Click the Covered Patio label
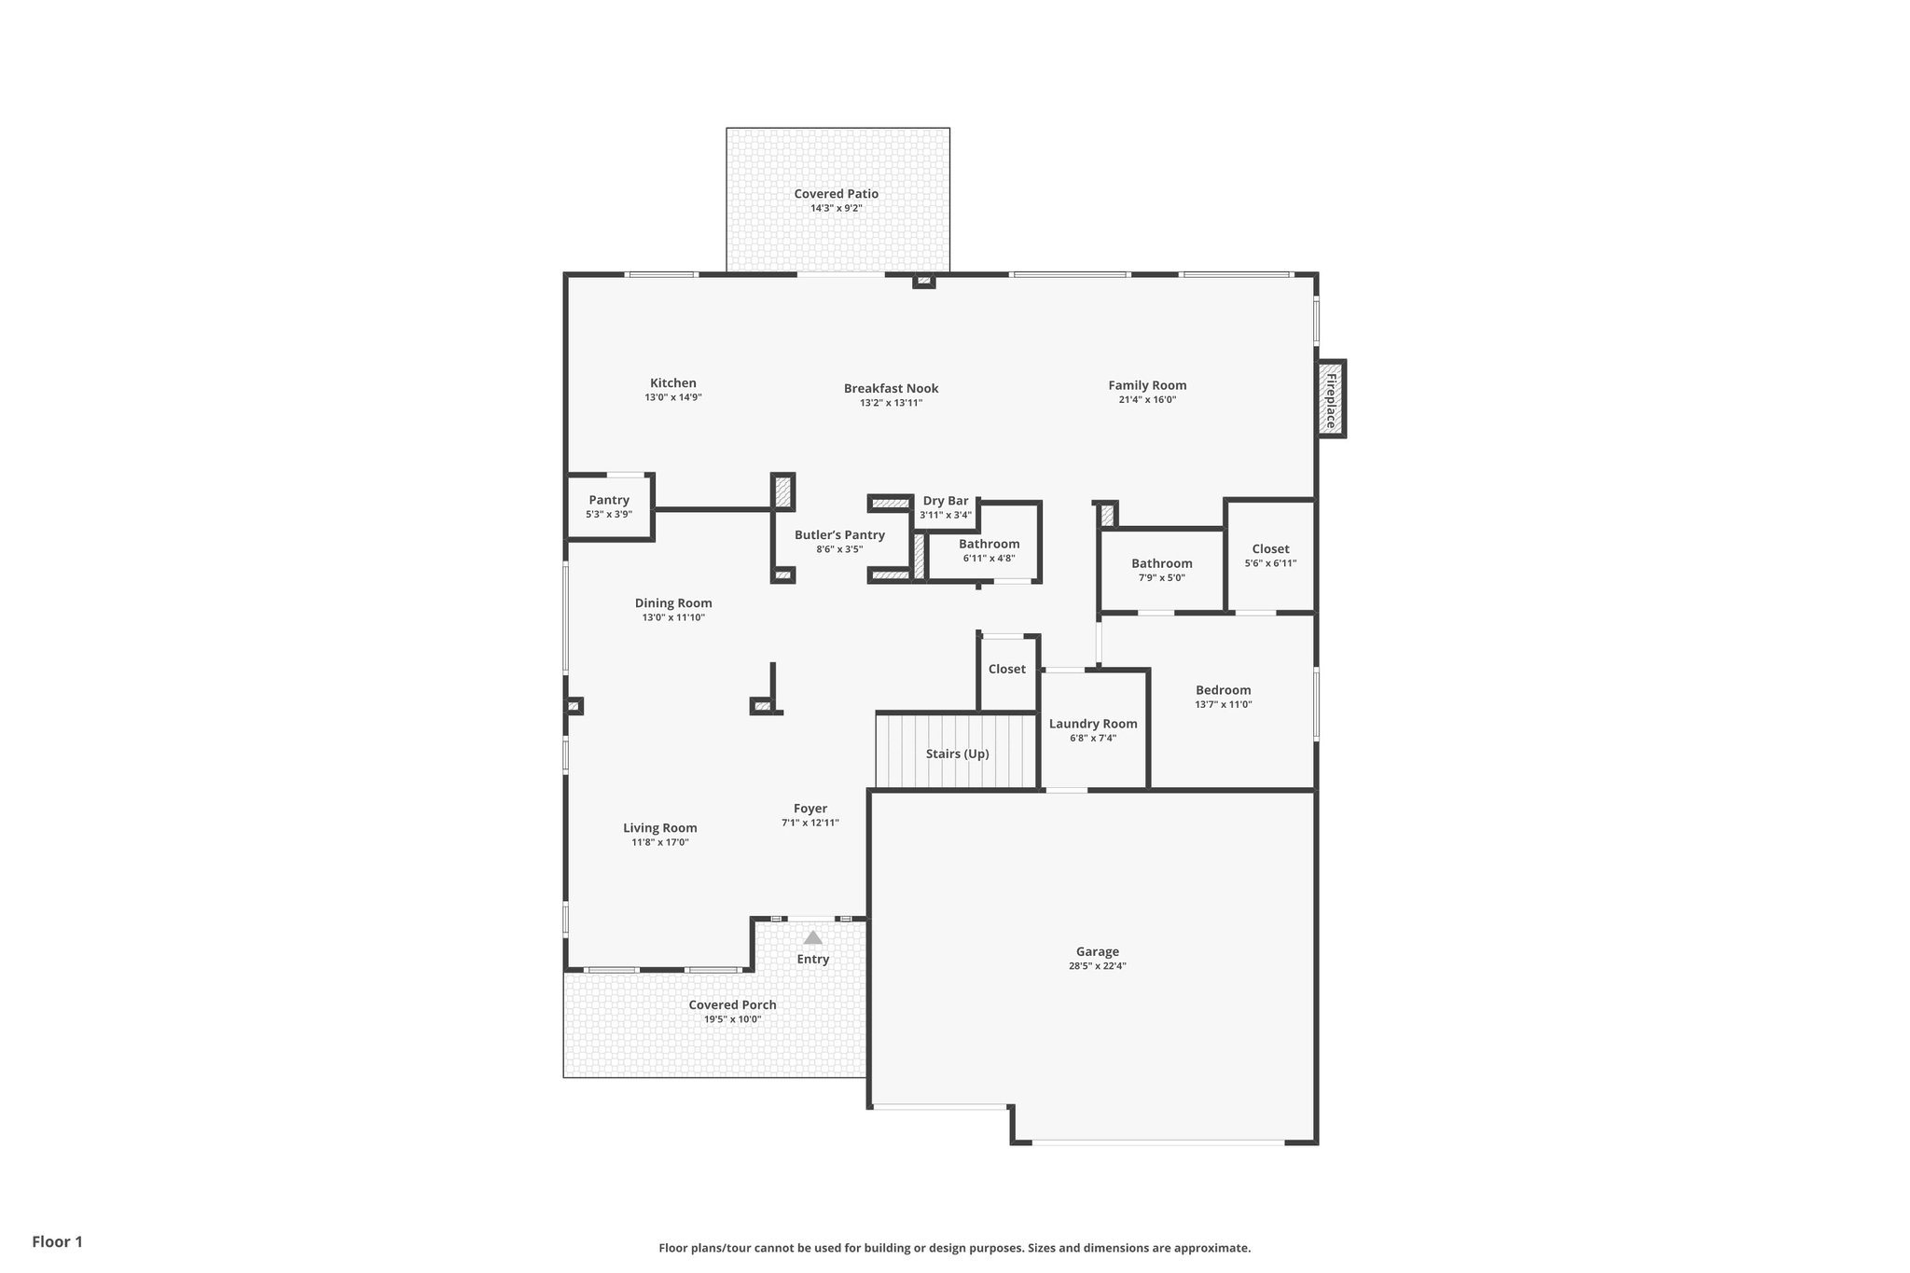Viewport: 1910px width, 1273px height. point(836,194)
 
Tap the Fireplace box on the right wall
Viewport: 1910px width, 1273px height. point(1331,399)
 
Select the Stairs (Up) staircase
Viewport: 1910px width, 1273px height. point(957,754)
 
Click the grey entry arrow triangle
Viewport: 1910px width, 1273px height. point(813,937)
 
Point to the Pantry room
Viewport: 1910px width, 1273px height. point(609,506)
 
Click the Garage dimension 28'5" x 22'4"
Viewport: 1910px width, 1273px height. point(1097,966)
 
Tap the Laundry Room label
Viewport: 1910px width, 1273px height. point(1093,724)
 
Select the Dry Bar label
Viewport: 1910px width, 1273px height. point(946,501)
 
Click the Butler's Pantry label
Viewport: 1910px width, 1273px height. point(839,534)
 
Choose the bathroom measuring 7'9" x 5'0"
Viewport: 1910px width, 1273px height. point(1161,570)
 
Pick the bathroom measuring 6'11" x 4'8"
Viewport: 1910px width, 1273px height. point(989,550)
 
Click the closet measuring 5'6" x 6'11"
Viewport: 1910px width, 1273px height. point(1270,556)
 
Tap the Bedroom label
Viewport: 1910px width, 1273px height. point(1223,690)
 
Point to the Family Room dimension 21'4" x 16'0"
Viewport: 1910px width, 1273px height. point(1147,399)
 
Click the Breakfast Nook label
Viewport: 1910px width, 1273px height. point(891,388)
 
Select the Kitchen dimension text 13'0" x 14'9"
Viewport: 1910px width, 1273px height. point(672,397)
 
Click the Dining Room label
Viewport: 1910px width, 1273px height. point(673,603)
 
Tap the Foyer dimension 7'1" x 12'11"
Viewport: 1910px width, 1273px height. point(810,823)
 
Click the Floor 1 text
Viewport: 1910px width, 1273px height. point(58,1241)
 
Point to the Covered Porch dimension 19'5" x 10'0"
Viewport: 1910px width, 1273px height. point(732,1019)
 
